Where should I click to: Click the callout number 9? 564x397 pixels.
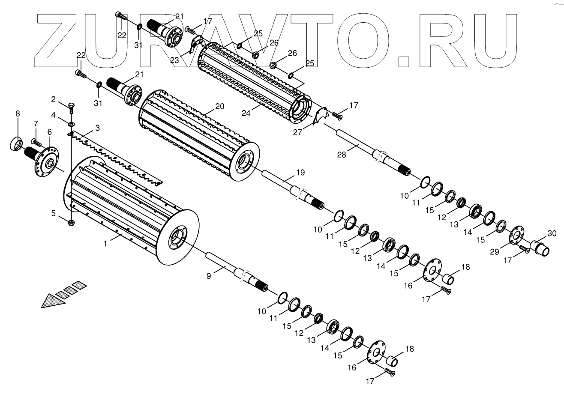click(35, 142)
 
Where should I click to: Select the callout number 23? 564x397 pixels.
click(174, 61)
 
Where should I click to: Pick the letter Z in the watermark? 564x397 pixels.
click(60, 41)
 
